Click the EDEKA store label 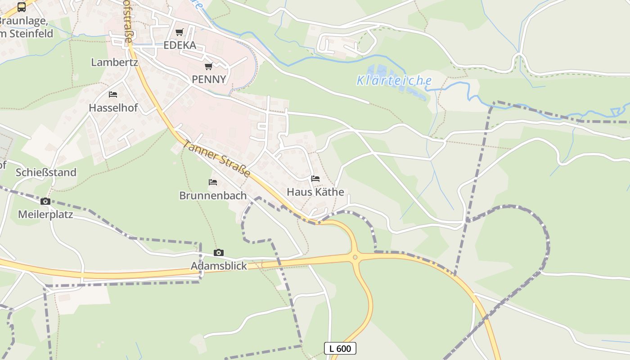180,45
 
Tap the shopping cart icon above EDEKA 180,32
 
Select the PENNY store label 209,79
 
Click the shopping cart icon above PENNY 208,67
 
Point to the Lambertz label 114,62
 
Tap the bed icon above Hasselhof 113,94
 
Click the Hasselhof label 113,108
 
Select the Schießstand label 46,172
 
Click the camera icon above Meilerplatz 45,201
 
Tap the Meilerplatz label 45,214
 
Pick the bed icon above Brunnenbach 213,182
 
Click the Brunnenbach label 213,195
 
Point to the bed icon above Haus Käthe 315,179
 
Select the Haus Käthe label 315,192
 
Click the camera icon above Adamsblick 219,252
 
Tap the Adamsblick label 219,266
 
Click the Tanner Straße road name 217,158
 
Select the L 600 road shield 340,348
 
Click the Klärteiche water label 394,81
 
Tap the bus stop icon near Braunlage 22,7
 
